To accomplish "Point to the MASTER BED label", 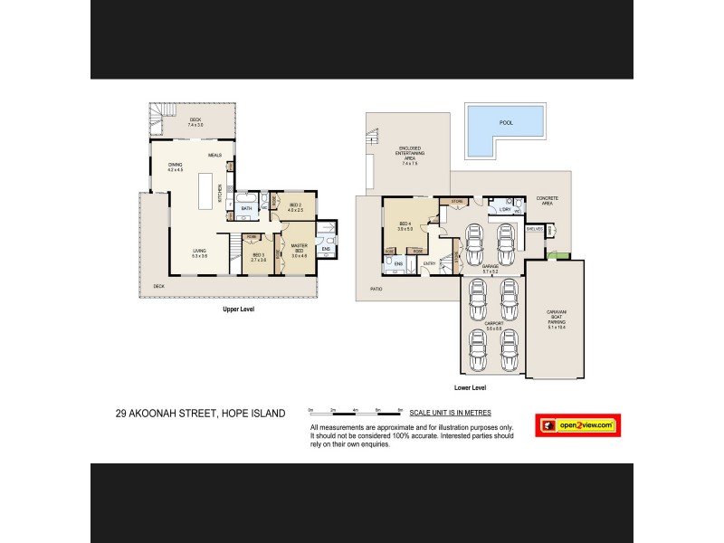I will [x=300, y=252].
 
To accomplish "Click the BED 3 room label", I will [x=258, y=256].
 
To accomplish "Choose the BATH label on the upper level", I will [x=246, y=208].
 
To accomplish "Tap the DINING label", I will [x=175, y=167].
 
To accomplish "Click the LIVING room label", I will [x=199, y=252].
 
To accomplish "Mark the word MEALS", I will [x=214, y=155].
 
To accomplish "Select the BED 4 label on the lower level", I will [x=405, y=225].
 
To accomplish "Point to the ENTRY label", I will [x=429, y=263].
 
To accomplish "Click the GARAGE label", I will [x=491, y=268].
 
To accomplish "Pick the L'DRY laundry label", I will [x=505, y=209].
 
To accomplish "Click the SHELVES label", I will [x=534, y=229].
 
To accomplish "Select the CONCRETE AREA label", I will [x=547, y=201].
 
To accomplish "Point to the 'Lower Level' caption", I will [x=472, y=387].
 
